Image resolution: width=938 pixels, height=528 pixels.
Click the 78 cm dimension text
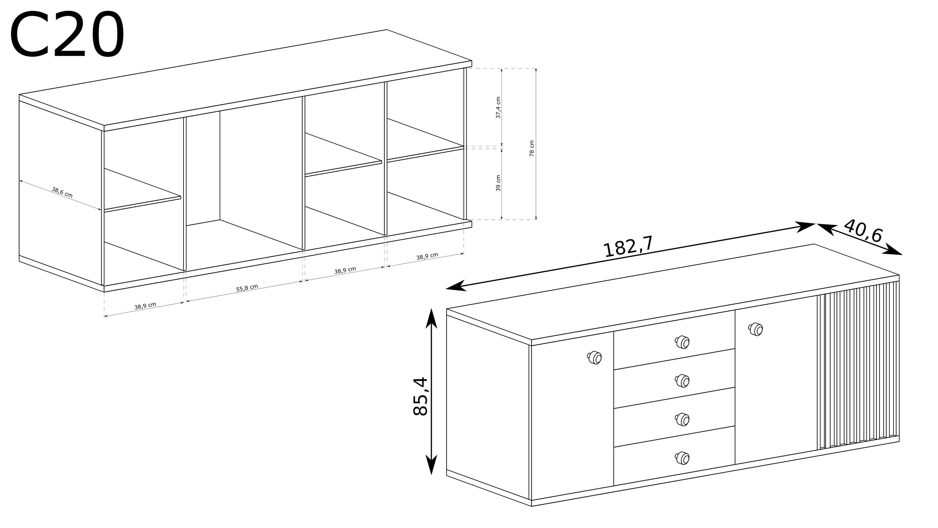pyautogui.click(x=532, y=148)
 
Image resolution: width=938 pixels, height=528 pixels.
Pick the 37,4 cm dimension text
pyautogui.click(x=498, y=108)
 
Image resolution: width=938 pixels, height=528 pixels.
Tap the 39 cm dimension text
pyautogui.click(x=498, y=183)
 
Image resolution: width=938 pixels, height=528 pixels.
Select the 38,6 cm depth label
pyautogui.click(x=62, y=192)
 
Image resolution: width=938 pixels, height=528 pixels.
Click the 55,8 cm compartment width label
pyautogui.click(x=247, y=288)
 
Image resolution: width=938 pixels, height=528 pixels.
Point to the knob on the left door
pyautogui.click(x=594, y=358)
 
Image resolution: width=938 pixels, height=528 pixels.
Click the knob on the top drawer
pyautogui.click(x=682, y=342)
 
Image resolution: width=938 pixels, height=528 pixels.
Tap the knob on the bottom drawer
pyautogui.click(x=682, y=458)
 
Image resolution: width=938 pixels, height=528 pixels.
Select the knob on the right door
pyautogui.click(x=756, y=329)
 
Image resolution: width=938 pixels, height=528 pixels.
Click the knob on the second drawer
pyautogui.click(x=682, y=381)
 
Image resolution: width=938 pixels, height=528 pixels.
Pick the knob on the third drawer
pyautogui.click(x=682, y=419)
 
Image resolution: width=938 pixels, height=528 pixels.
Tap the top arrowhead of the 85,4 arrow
pyautogui.click(x=431, y=318)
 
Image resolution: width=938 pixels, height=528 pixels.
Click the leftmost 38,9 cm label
pyautogui.click(x=145, y=306)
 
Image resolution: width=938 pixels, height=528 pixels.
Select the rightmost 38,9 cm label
pyautogui.click(x=427, y=256)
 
